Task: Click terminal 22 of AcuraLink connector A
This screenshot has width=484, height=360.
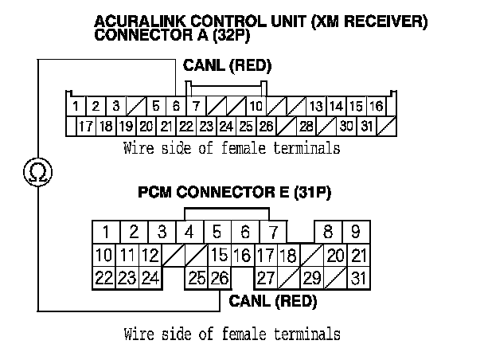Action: click(186, 126)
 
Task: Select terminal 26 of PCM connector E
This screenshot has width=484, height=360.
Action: click(219, 278)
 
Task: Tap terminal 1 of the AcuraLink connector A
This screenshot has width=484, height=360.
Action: click(74, 106)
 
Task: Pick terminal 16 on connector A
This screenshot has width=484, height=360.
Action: click(376, 106)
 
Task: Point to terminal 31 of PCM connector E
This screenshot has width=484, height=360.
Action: click(358, 278)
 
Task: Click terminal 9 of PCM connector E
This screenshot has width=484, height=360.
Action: click(356, 233)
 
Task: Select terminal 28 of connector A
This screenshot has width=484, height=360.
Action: click(306, 126)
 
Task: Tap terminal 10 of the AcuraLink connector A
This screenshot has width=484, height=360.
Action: click(256, 106)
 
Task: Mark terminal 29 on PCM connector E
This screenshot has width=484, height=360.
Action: click(312, 278)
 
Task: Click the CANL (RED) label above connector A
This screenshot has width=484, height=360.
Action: click(228, 65)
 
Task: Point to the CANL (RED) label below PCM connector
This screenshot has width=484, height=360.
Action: click(272, 302)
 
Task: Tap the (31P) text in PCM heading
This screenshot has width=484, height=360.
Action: click(310, 192)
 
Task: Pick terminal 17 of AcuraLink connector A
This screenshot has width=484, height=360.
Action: click(86, 126)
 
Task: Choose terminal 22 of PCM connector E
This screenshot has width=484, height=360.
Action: click(103, 278)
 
